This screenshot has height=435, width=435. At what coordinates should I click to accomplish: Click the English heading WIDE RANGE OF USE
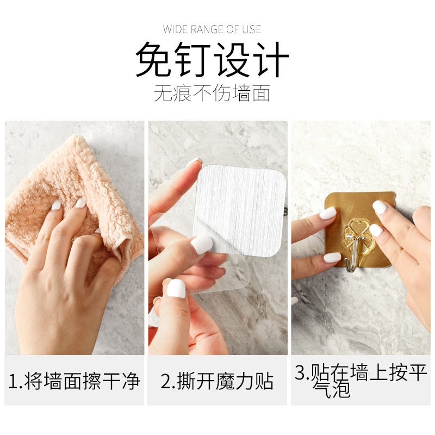tap(212, 29)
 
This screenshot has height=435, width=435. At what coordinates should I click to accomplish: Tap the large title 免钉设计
tap(212, 59)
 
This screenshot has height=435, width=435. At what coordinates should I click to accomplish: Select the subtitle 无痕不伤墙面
tap(212, 93)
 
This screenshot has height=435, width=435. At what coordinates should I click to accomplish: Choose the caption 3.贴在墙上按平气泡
tap(361, 380)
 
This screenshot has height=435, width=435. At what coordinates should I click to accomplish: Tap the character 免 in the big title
tap(153, 59)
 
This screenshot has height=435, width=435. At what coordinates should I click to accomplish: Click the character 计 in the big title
tap(272, 59)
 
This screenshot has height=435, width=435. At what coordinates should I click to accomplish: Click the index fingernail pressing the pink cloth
tap(80, 203)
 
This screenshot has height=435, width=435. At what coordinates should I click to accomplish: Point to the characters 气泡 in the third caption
tap(332, 389)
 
